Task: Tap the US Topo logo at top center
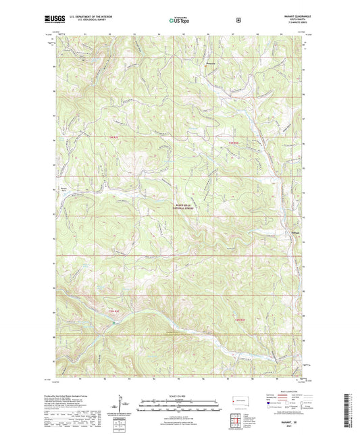click(178, 21)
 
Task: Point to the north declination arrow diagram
click(122, 408)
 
